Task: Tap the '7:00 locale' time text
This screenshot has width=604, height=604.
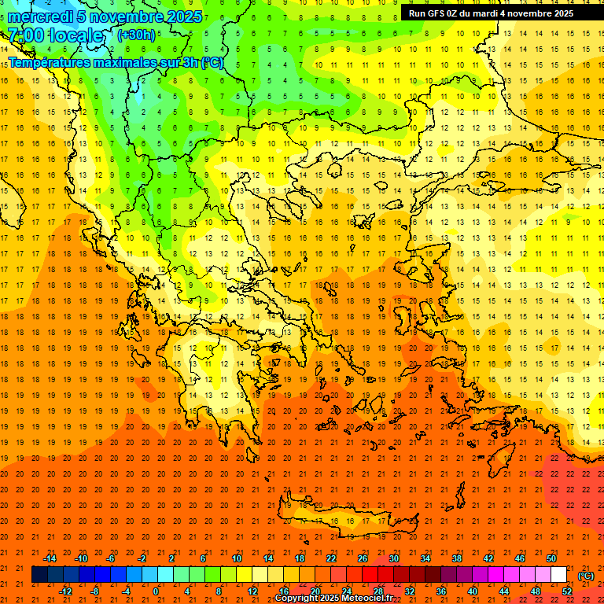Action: (x=55, y=35)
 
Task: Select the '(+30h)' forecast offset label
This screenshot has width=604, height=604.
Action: (x=136, y=35)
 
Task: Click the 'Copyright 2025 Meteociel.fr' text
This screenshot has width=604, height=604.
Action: (x=333, y=598)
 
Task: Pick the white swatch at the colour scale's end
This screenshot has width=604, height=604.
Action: (x=558, y=575)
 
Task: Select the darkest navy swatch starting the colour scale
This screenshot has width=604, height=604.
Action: (x=39, y=575)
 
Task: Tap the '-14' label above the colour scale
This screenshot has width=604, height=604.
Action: (x=50, y=558)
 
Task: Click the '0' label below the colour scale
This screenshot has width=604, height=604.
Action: (x=156, y=591)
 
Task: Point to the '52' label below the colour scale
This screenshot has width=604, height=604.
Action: (x=566, y=591)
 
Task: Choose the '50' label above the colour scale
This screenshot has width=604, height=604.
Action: (x=551, y=558)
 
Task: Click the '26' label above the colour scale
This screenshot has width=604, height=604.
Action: (x=363, y=558)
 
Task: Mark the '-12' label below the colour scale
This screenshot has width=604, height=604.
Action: (x=65, y=591)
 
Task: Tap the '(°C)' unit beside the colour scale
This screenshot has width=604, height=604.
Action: (x=586, y=576)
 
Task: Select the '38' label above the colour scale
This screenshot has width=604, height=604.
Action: (x=457, y=558)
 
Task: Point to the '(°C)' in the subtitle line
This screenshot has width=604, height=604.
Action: (x=212, y=62)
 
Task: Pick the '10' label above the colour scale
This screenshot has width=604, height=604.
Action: (x=237, y=558)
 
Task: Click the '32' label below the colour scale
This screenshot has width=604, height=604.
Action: (x=410, y=591)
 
